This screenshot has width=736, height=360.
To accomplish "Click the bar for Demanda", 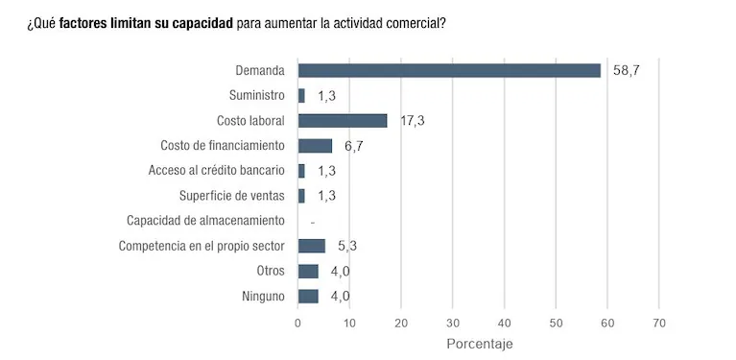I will click(x=449, y=70).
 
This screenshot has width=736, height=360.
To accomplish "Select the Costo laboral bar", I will click(x=343, y=120).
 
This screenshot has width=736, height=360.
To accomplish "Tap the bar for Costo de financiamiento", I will click(x=315, y=146).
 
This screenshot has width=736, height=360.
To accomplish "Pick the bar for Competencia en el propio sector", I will click(x=312, y=246).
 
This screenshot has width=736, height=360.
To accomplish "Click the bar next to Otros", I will click(x=308, y=271).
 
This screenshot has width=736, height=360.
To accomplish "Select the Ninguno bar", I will click(x=308, y=296).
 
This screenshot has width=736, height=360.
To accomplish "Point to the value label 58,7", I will click(x=626, y=70).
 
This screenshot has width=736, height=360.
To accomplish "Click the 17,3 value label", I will click(x=413, y=120).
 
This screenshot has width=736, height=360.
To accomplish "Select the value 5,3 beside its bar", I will click(x=347, y=246).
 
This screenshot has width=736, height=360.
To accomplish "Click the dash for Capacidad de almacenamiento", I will click(x=313, y=221).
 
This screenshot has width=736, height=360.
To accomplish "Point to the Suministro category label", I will click(x=257, y=95).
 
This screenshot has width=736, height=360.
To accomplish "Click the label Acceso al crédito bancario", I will click(x=217, y=171).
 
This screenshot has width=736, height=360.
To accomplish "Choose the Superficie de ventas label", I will click(x=232, y=196).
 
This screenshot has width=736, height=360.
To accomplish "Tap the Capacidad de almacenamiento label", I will click(x=206, y=221).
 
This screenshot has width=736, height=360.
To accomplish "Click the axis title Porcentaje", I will click(x=480, y=343).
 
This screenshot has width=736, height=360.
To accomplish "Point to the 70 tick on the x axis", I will click(x=658, y=322).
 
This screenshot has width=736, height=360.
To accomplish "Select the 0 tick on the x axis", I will click(x=298, y=322).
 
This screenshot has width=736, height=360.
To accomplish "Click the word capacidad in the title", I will click(x=200, y=22).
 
